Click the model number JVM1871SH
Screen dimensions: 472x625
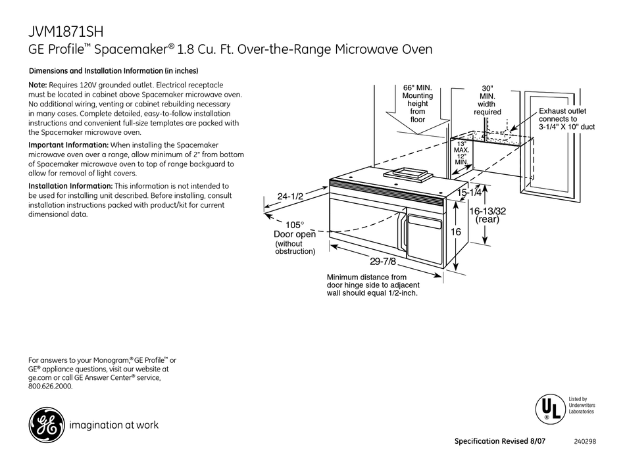(x=66, y=31)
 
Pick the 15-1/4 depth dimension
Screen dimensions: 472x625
(x=470, y=193)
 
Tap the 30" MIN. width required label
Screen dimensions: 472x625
(x=487, y=100)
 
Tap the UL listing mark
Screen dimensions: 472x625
(x=547, y=407)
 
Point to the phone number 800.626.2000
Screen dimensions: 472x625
(x=51, y=387)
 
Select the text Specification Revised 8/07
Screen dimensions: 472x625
(x=501, y=442)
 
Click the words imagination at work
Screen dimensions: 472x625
(x=116, y=425)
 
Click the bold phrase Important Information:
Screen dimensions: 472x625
(x=68, y=145)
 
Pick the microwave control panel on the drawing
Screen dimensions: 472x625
(x=428, y=240)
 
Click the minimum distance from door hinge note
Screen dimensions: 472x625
(x=373, y=285)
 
